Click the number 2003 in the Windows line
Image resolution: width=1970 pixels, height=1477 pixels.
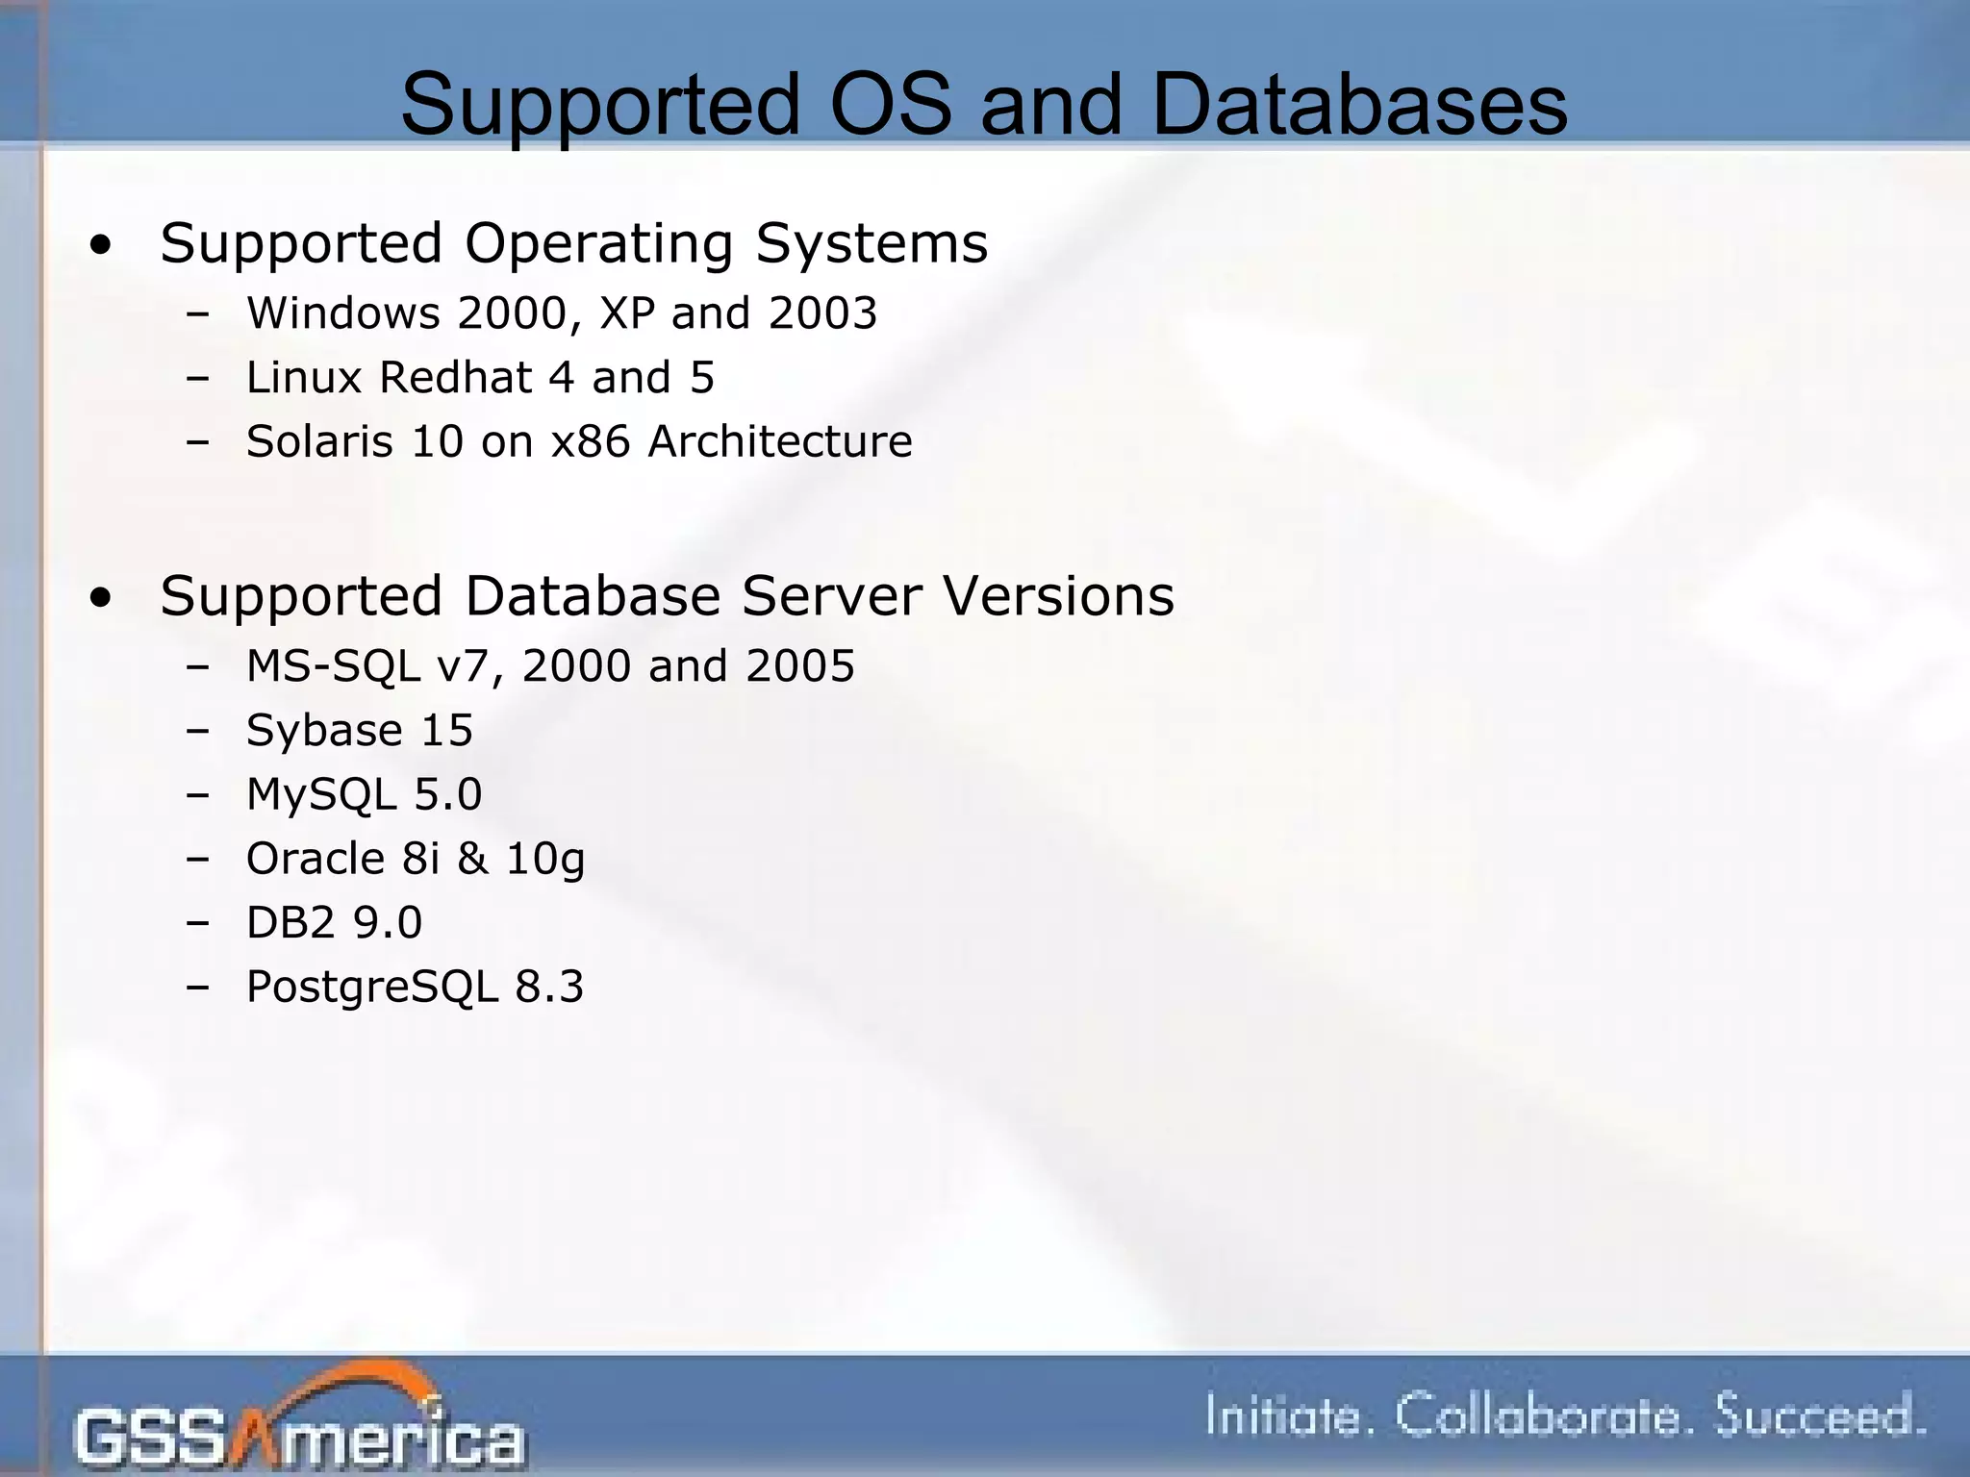822,313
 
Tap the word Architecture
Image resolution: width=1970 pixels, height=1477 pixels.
779,441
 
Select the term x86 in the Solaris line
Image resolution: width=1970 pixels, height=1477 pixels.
590,441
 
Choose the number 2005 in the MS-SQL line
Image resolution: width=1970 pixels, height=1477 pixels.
799,666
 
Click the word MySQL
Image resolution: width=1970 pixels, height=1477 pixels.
321,795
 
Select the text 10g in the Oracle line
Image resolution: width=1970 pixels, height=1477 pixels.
544,859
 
